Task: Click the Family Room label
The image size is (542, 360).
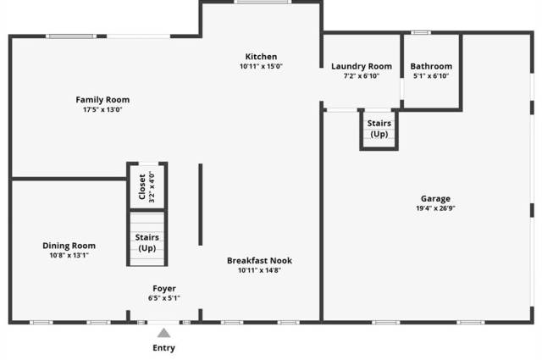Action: (x=102, y=100)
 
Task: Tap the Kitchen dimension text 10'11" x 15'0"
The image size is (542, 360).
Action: (x=261, y=66)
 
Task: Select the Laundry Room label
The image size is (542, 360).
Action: (x=362, y=66)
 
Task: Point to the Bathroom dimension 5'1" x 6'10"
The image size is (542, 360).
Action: (x=431, y=75)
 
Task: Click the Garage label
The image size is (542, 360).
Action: (x=435, y=198)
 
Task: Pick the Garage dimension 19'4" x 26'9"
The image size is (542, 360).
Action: (x=435, y=208)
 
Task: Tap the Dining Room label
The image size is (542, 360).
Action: (x=69, y=246)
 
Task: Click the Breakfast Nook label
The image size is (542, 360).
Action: (x=259, y=260)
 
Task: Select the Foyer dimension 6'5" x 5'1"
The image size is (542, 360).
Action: (x=164, y=298)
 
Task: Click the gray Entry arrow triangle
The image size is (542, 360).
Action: (x=163, y=333)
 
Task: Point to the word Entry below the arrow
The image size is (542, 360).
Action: (x=163, y=348)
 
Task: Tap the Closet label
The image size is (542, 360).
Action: (x=142, y=186)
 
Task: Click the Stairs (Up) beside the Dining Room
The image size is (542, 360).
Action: (x=147, y=242)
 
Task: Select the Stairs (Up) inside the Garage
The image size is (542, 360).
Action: (x=379, y=129)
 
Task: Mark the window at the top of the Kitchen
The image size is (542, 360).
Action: (x=263, y=2)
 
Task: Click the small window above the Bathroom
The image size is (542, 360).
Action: (x=421, y=32)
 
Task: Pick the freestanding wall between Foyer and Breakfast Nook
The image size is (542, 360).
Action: (x=201, y=204)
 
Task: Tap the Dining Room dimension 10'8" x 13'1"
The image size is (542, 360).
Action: (x=69, y=255)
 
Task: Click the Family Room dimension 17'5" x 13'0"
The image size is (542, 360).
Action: (x=102, y=109)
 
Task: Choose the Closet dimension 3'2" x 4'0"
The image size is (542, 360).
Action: (x=152, y=186)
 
